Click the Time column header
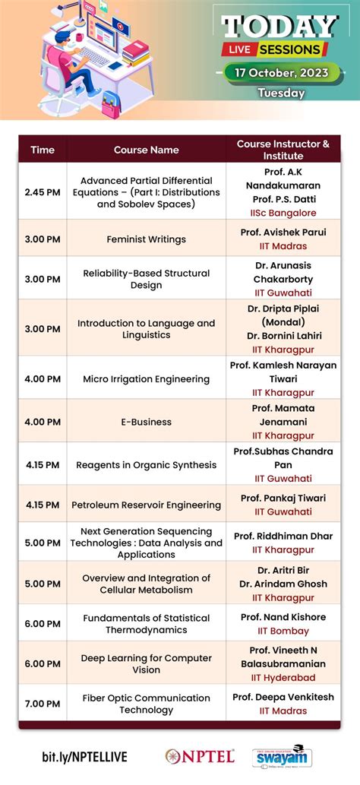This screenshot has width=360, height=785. [43, 150]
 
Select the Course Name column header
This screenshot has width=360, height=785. [147, 150]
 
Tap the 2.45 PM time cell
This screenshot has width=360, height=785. [43, 192]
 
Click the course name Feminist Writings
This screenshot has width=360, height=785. [147, 239]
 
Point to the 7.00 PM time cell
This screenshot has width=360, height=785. [43, 704]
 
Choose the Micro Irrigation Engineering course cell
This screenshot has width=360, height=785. [147, 379]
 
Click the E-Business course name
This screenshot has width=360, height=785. [147, 422]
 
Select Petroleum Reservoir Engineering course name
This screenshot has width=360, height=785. [147, 505]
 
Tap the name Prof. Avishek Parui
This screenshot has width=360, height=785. [283, 232]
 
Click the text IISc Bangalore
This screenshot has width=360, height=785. [283, 213]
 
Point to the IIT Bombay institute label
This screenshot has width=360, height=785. [283, 631]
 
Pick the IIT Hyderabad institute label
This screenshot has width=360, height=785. [283, 677]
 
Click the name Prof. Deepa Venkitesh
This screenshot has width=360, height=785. [283, 697]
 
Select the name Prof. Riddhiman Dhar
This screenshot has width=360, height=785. [283, 536]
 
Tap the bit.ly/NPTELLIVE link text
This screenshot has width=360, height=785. [84, 757]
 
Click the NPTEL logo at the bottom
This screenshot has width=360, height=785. [201, 756]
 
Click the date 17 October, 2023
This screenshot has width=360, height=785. [281, 74]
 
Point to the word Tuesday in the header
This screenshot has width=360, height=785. [281, 93]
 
